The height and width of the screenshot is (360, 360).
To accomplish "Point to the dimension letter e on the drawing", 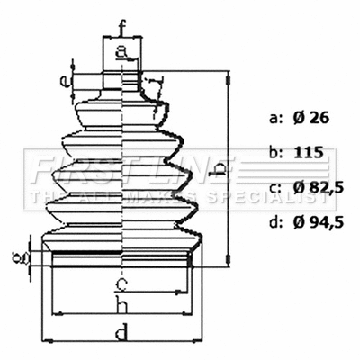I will coord(63,82).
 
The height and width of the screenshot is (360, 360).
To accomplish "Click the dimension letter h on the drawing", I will coord(121,307).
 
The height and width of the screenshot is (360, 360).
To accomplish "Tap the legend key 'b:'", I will coord(275,153).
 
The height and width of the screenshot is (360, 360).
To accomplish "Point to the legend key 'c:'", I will coord(275,187).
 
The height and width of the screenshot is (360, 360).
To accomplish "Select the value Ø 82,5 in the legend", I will coord(319,187).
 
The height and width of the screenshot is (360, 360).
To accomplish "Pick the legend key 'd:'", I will coord(275,221).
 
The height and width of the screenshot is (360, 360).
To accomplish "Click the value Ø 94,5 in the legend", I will coord(319,221).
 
